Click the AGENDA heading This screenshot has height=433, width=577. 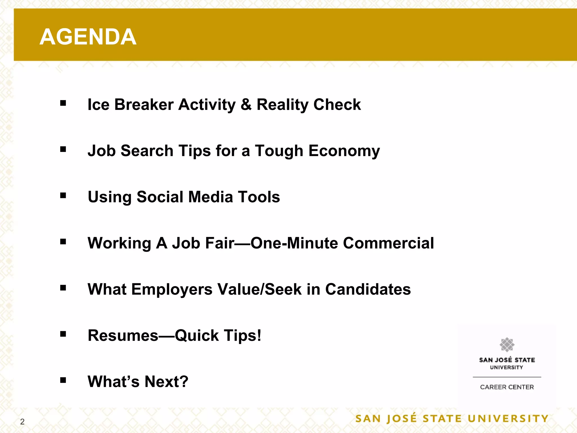coord(88,37)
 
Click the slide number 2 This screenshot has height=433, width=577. coord(22,422)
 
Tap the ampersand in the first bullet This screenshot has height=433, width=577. coord(246,105)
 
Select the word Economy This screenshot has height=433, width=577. coord(344,151)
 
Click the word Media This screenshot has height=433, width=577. coord(210,197)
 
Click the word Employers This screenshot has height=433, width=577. coord(172,290)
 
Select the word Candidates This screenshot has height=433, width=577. coord(368,290)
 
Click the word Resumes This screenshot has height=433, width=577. coord(123,335)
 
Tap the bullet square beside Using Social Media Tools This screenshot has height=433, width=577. coord(63,195)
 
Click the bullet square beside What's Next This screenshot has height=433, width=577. coord(63,380)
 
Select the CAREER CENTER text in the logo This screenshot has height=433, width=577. coord(507,387)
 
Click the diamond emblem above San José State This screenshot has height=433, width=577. coord(507,344)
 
